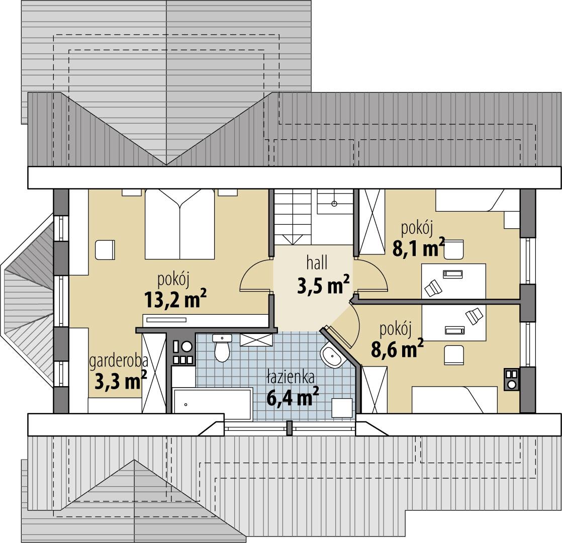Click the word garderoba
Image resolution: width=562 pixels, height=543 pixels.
click(x=118, y=361)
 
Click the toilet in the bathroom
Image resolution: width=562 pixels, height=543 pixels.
click(x=222, y=348)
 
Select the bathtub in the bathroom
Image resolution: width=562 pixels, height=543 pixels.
click(x=212, y=404)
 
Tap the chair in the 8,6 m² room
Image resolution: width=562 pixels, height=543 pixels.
click(x=454, y=355)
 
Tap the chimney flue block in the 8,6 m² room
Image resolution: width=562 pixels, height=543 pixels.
click(x=511, y=380)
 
